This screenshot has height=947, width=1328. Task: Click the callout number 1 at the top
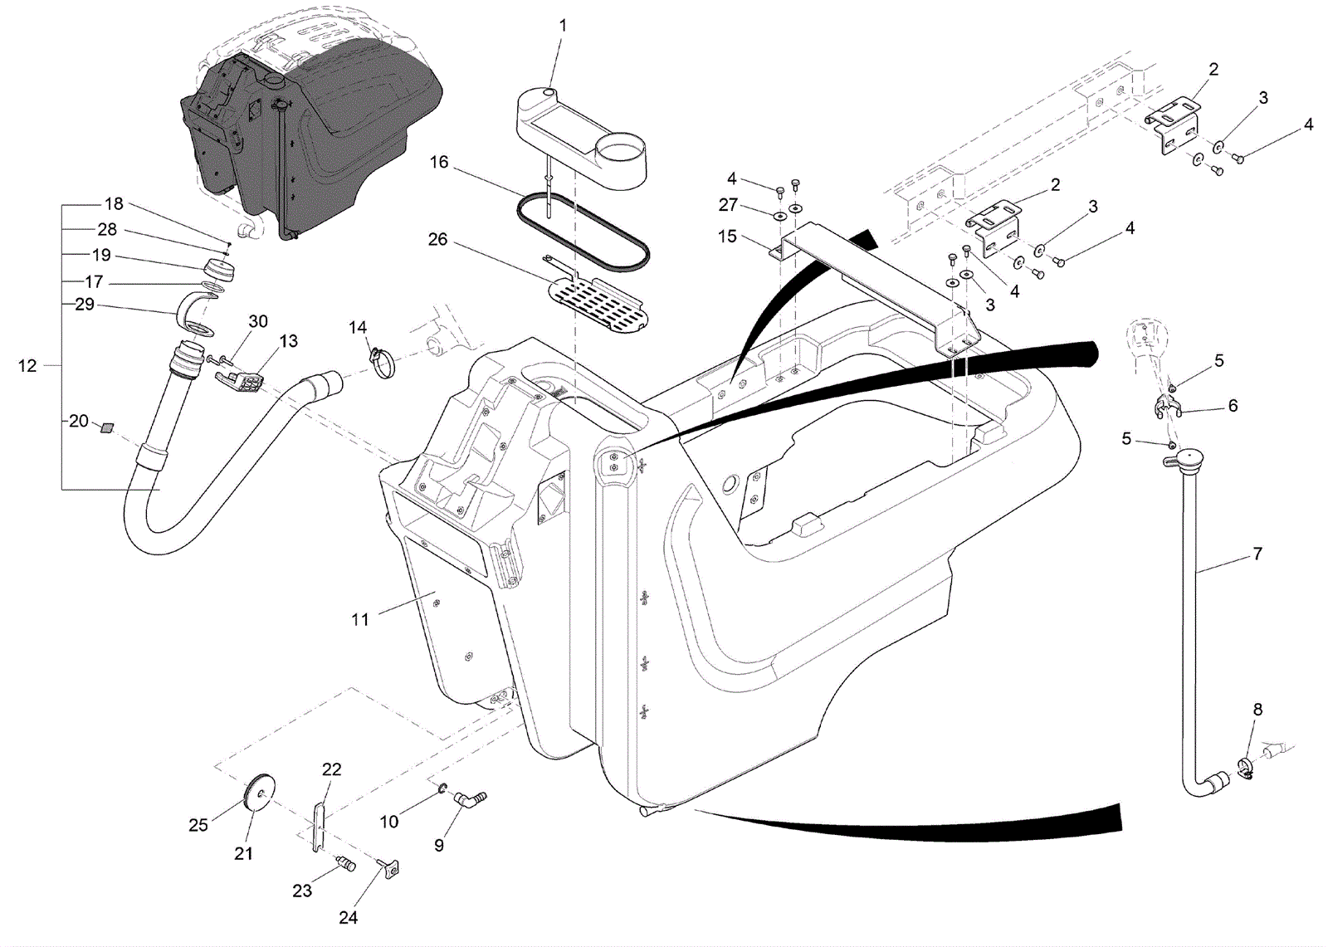563,26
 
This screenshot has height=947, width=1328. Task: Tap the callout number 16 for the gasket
439,162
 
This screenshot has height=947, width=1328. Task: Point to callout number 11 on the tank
359,618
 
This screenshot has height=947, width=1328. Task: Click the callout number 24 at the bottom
349,918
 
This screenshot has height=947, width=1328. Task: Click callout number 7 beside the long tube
1257,554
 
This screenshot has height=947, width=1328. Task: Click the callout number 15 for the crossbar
727,237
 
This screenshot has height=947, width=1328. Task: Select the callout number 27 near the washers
727,204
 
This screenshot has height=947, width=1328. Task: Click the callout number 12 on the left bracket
27,365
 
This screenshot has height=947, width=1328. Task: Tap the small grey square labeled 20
106,427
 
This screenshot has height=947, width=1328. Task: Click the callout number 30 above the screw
258,320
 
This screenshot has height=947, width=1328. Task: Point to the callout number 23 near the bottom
302,891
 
